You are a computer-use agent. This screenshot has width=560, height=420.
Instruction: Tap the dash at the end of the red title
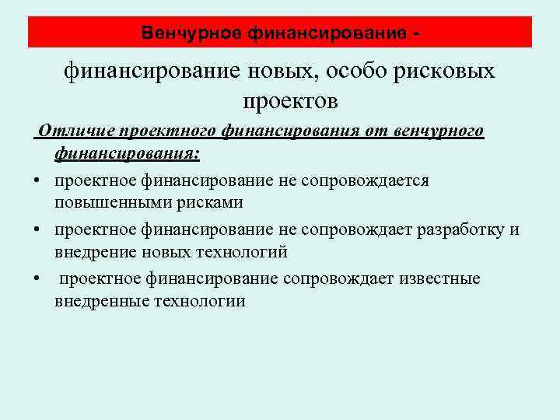pos(420,33)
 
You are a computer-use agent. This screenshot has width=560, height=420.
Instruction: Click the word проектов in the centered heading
pos(290,101)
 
